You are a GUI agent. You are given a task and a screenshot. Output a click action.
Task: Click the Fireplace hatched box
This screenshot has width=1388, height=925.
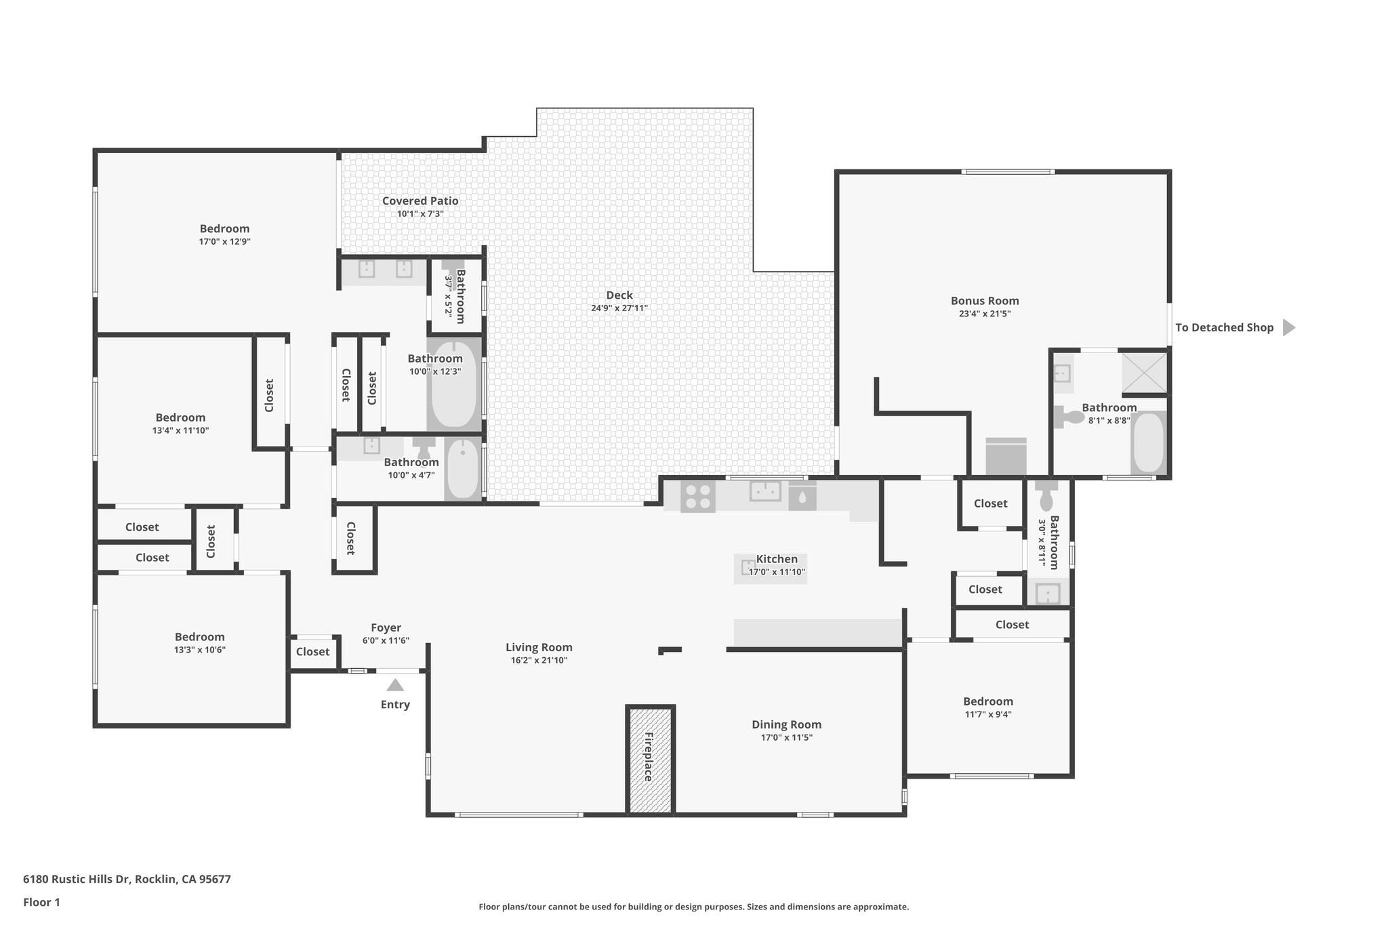[x=650, y=760]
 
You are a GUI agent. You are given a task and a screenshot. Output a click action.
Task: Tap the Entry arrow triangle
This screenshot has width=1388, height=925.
[x=395, y=686]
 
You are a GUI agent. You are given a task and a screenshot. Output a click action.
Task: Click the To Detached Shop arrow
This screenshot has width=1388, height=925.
[x=1288, y=328]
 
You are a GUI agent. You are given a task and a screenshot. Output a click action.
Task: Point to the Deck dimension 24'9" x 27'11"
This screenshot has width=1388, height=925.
[x=619, y=308]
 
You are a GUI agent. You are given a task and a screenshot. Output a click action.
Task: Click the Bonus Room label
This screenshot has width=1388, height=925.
[x=984, y=301]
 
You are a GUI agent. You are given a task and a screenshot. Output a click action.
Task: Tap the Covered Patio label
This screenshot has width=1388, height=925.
[x=420, y=201]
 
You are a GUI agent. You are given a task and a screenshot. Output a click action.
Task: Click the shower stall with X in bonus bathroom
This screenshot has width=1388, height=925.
[x=1144, y=372]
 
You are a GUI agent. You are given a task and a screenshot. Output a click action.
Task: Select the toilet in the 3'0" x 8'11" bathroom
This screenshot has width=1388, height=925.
[x=1046, y=496]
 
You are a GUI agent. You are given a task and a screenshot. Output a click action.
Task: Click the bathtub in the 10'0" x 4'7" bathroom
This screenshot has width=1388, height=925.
[x=464, y=468]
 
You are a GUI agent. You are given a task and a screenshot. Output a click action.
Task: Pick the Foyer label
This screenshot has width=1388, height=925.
[x=386, y=628]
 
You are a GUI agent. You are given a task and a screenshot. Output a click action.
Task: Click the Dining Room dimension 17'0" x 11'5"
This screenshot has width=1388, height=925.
[x=786, y=737]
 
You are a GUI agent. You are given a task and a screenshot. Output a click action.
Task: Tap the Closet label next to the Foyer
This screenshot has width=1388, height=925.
[x=312, y=652]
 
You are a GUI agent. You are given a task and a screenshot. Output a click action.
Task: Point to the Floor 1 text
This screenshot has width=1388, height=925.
[x=41, y=902]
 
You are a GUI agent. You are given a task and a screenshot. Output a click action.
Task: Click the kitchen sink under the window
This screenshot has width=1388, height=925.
[x=765, y=491]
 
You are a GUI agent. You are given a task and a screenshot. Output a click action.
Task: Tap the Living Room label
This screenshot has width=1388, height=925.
[x=539, y=647]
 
